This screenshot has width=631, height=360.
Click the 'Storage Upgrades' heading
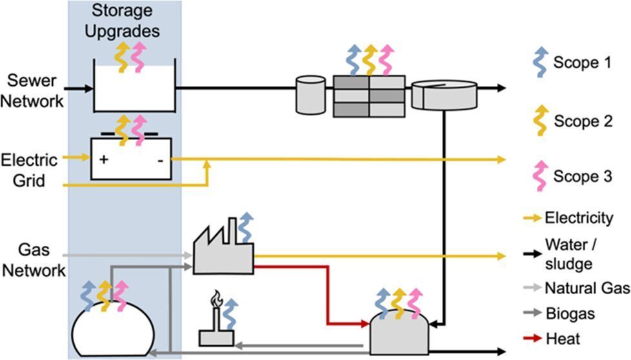point(122,21)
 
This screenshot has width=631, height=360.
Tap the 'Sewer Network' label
point(32,91)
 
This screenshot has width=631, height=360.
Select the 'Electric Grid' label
point(29,170)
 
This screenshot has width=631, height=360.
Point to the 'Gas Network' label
point(34,260)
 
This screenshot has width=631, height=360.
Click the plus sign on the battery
point(104,159)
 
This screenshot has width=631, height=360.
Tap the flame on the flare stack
point(217,299)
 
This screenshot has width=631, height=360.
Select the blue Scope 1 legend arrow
point(540,63)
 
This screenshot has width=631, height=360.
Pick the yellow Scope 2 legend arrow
point(541,120)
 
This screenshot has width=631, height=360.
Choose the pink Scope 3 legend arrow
point(541,175)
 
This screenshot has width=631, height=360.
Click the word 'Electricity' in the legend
point(579,218)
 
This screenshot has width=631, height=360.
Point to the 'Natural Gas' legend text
point(587,288)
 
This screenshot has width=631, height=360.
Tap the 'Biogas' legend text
point(570,314)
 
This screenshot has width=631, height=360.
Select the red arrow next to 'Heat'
point(532,338)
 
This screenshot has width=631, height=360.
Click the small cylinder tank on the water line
point(310,95)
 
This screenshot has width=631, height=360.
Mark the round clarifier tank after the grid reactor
point(444,95)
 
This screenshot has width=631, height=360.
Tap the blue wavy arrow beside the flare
point(230,314)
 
